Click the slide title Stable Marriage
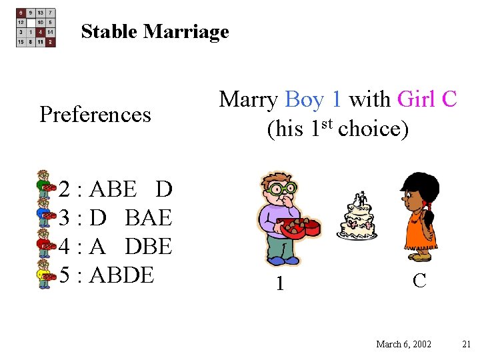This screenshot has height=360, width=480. pos(155,31)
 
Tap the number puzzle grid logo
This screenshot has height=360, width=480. pos(36,27)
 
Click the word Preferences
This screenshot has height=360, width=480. pos(95,115)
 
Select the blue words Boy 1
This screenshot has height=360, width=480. pos(313,99)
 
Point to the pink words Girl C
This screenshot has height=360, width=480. pos(427,99)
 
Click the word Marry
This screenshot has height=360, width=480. pos(249,99)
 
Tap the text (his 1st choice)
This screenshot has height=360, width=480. pos(337,128)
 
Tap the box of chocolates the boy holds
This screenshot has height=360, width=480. pos(299,228)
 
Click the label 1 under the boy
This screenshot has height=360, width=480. pos(281,284)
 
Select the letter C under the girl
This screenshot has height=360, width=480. pos(419,281)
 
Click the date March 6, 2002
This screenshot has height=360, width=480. pos(403,344)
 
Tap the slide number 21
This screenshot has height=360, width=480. pos(466,344)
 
